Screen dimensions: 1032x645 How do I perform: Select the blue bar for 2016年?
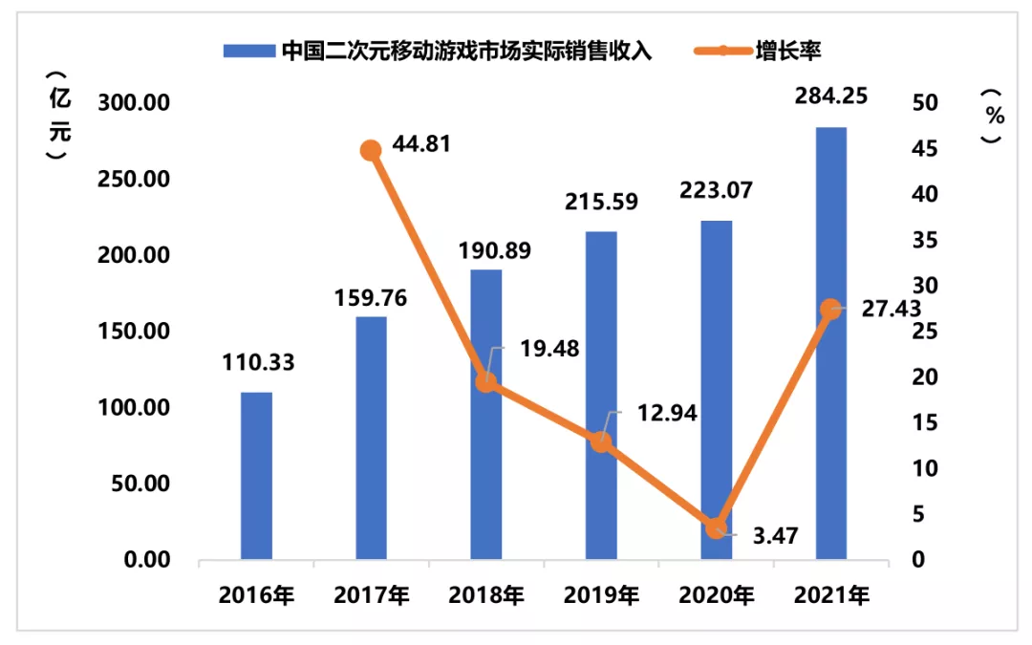tap(256, 476)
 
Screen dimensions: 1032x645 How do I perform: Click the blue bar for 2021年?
tap(831, 344)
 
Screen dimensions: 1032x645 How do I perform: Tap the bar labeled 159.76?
tap(371, 439)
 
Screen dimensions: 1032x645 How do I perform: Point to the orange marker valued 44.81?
tap(371, 151)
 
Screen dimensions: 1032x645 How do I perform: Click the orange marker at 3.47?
tap(716, 527)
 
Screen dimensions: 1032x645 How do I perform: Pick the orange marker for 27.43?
tap(831, 309)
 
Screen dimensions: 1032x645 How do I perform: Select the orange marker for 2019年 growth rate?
tap(601, 441)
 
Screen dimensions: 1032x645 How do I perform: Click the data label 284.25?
tap(831, 97)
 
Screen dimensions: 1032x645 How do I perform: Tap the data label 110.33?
tap(258, 363)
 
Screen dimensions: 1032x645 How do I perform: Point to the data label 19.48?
tap(549, 349)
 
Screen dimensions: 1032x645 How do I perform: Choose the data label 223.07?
tap(716, 190)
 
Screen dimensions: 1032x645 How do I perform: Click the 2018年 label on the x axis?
tap(486, 595)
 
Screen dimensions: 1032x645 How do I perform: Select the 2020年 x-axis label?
tap(716, 595)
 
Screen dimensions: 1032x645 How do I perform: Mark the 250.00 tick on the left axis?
tap(134, 179)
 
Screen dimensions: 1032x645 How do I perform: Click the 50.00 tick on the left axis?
tap(140, 484)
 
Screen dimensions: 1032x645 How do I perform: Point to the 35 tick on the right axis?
tap(925, 240)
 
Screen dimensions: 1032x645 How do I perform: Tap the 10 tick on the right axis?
tap(925, 468)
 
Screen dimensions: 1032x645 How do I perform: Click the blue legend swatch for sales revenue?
tap(248, 51)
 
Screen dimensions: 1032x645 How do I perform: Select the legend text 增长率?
tap(787, 51)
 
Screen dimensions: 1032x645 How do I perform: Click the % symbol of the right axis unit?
tap(995, 116)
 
